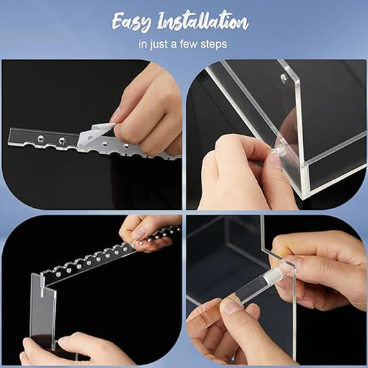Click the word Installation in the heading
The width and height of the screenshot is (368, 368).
(x=203, y=21)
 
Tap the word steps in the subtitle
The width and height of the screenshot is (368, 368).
(x=213, y=44)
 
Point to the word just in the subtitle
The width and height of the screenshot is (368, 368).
(x=159, y=44)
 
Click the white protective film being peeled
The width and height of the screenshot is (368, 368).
(x=95, y=135)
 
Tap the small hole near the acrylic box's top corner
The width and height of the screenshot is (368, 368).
(x=284, y=77)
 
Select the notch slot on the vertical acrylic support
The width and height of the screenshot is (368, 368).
(x=43, y=286)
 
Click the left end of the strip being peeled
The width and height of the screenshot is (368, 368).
(x=10, y=137)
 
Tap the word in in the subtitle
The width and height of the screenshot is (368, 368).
(x=142, y=44)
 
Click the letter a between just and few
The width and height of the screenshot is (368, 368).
(x=174, y=45)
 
